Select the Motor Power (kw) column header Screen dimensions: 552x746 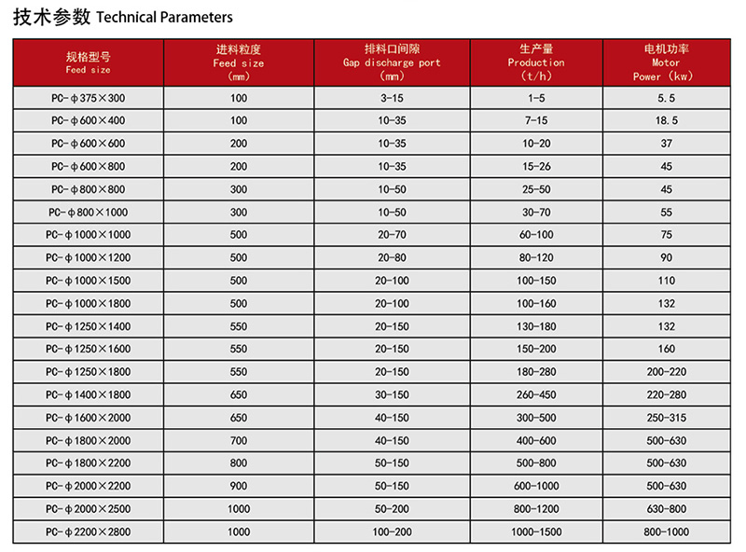[x=666, y=62]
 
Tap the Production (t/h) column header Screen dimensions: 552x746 [x=536, y=62]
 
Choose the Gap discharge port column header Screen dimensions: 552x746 [x=392, y=62]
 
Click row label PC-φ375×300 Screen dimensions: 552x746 [x=89, y=98]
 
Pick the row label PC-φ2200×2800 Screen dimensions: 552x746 [x=89, y=531]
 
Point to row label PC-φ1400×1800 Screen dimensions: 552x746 [x=89, y=394]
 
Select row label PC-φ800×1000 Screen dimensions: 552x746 [x=89, y=212]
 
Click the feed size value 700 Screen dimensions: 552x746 [x=239, y=440]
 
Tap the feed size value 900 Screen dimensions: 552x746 [x=239, y=486]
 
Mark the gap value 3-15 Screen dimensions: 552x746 [x=392, y=98]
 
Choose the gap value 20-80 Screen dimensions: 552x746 [x=392, y=257]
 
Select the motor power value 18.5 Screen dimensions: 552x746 [x=667, y=120]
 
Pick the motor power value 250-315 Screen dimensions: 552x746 [x=667, y=418]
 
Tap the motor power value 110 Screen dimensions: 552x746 [x=667, y=281]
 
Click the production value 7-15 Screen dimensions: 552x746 [x=536, y=120]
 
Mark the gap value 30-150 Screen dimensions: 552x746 [x=392, y=394]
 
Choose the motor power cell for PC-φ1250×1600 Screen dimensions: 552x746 [x=667, y=349]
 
